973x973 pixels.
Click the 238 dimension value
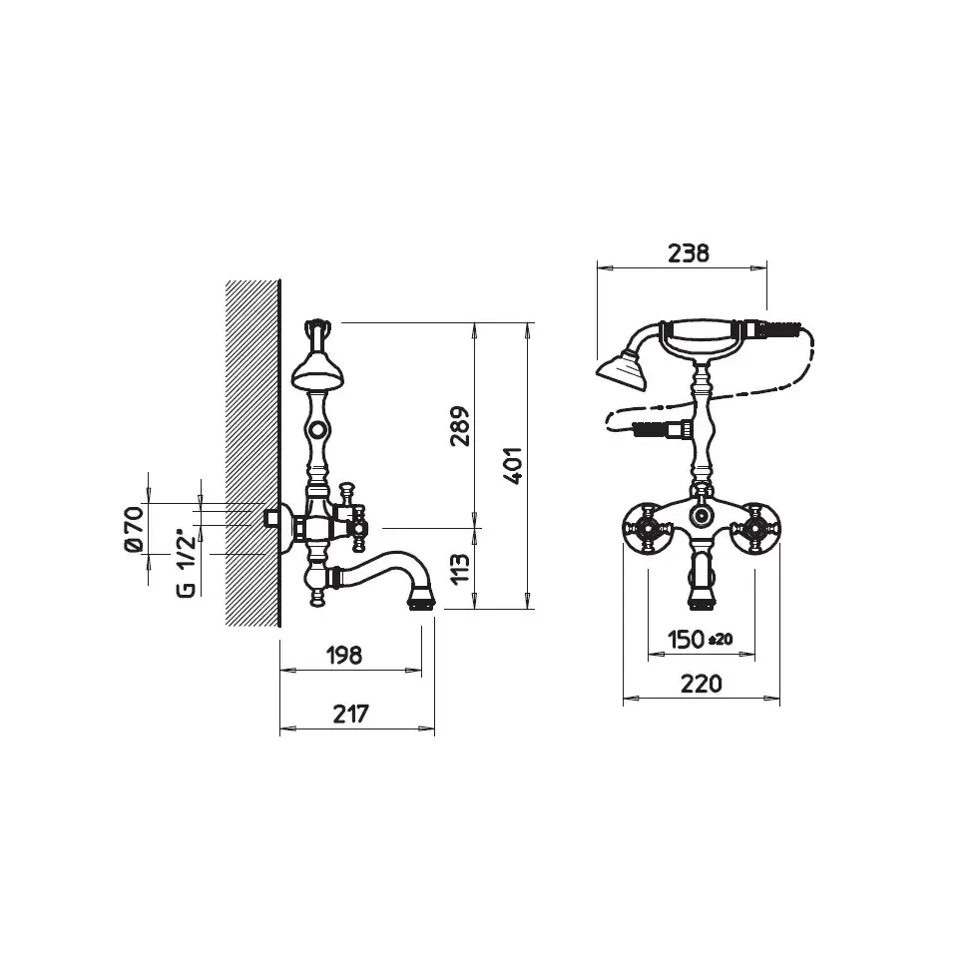tap(689, 253)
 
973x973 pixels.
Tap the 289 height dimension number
tap(460, 426)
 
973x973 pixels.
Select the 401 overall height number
tap(513, 466)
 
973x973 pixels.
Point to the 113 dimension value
tap(460, 569)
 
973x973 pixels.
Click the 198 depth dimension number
tap(344, 655)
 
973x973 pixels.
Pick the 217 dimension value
tap(350, 714)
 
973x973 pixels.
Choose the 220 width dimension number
tap(702, 684)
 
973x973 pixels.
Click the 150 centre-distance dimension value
tap(687, 639)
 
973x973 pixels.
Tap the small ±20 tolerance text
tap(721, 640)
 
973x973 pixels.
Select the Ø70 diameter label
tap(134, 529)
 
